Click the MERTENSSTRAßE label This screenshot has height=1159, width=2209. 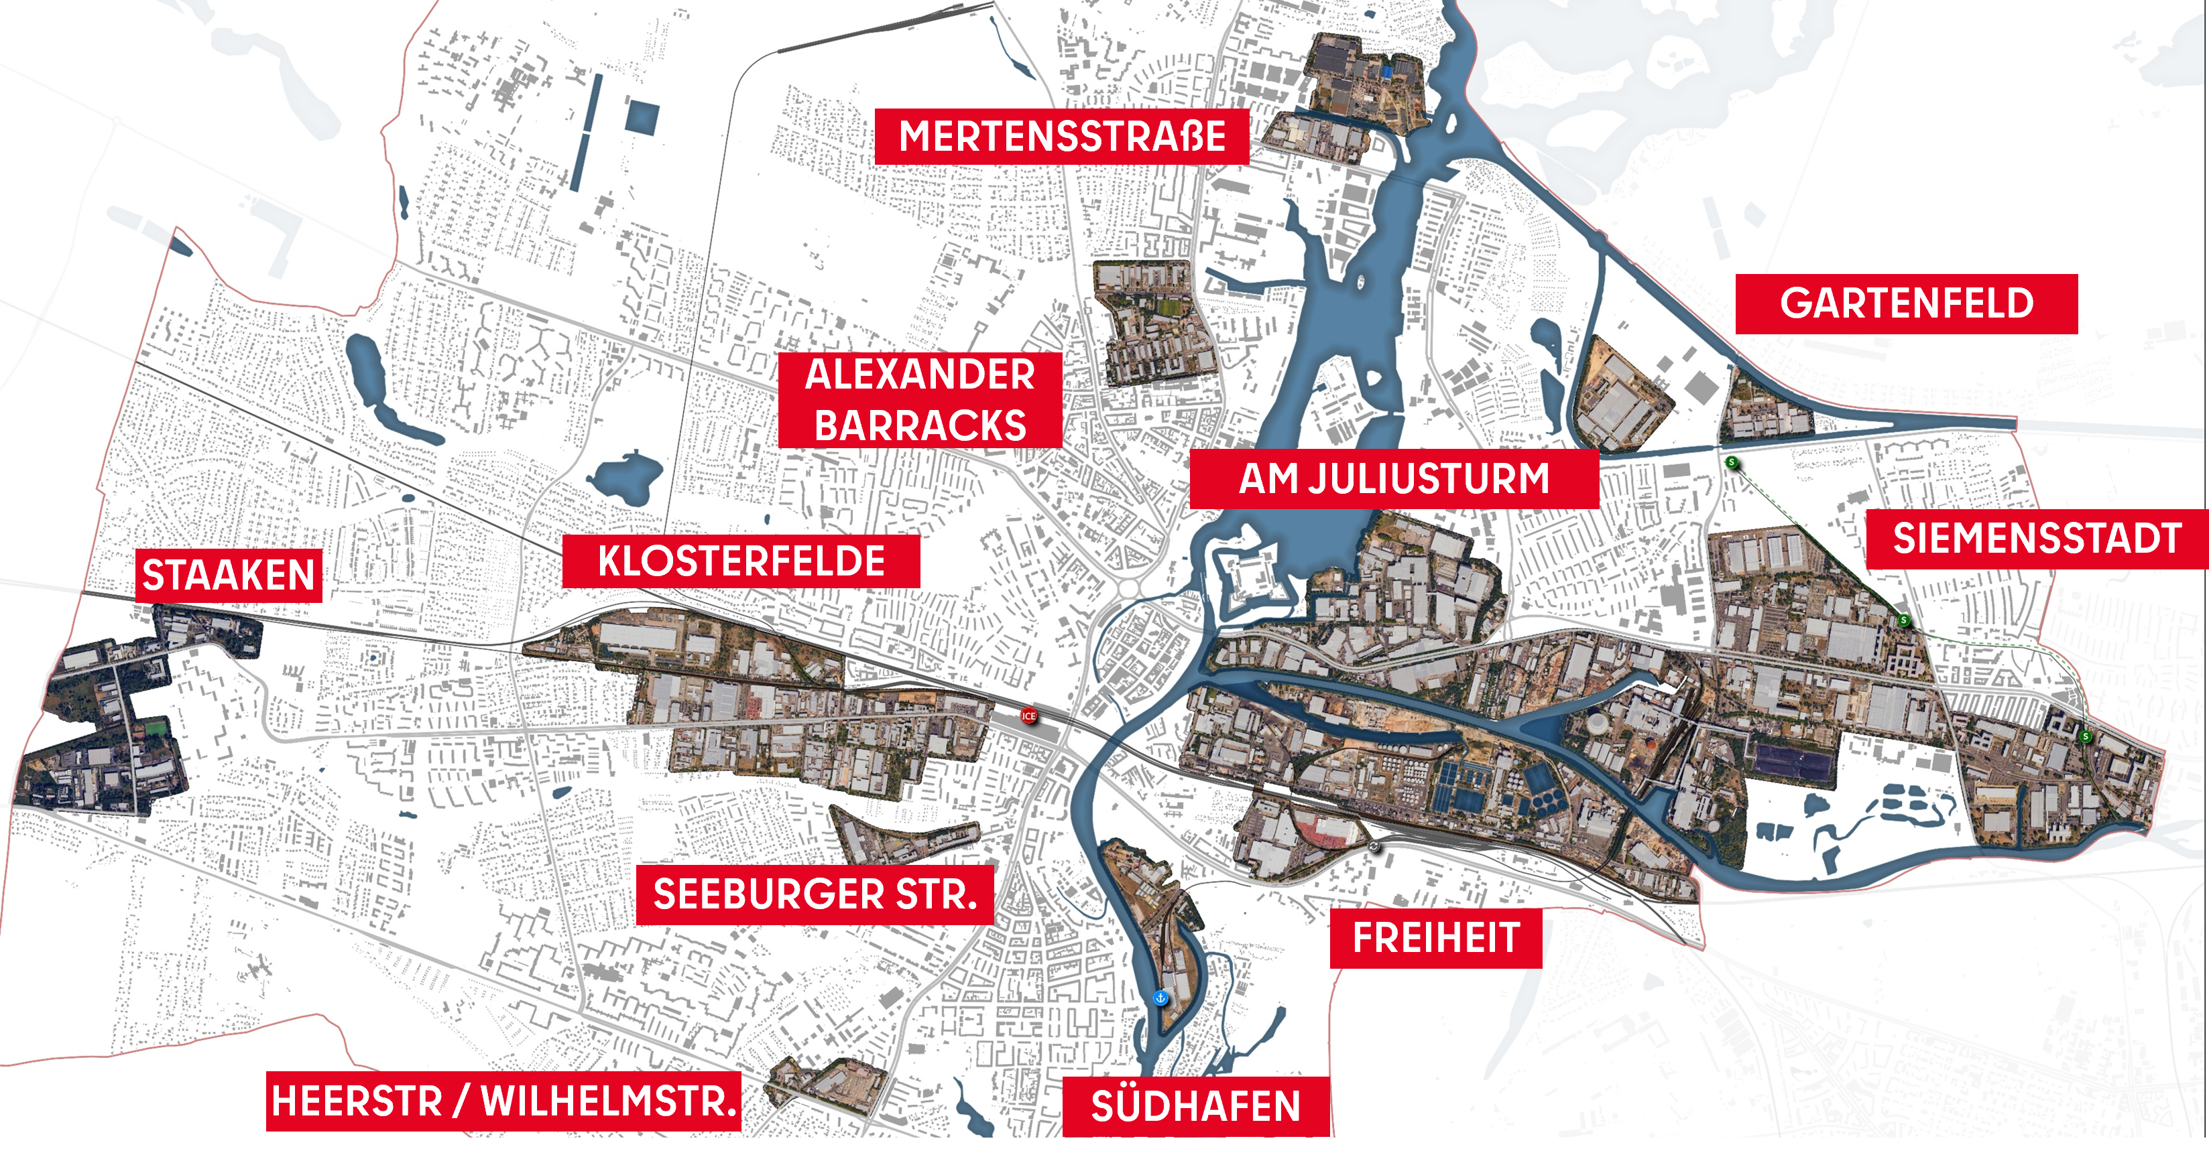point(1062,136)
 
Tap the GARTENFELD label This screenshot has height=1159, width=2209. point(1905,303)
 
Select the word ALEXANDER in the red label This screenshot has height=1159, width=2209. point(920,374)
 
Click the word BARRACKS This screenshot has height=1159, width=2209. point(920,426)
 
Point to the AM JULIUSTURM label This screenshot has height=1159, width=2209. point(1394,478)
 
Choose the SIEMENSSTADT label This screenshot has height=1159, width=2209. point(2037,539)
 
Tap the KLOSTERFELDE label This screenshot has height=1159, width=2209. point(741,561)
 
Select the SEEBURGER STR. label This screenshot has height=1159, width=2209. point(815,895)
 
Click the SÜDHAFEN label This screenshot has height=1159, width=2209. point(1195,1107)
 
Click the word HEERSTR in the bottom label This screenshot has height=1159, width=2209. point(357,1101)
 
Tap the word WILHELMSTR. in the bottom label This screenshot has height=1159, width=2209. point(609,1101)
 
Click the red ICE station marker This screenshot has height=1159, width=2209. point(1028,715)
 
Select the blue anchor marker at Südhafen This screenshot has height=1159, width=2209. point(1160,998)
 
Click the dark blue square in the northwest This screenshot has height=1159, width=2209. point(642,117)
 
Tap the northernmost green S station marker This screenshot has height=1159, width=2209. point(1732,463)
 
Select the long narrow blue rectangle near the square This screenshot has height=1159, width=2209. point(587,133)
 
